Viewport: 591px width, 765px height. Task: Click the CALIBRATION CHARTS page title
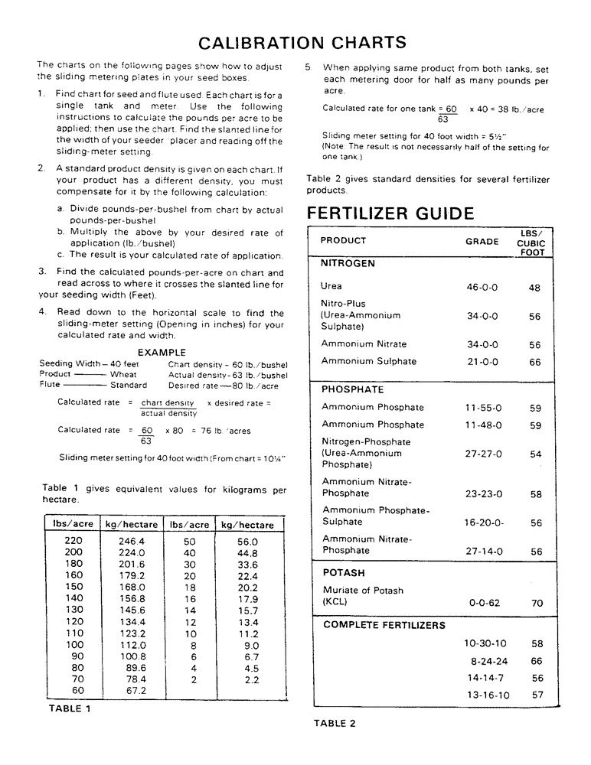click(302, 42)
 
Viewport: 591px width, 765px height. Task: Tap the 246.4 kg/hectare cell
click(132, 541)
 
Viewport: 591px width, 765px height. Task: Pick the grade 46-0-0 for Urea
click(482, 288)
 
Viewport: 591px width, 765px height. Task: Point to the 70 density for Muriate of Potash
click(537, 603)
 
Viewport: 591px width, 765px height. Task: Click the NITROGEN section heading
click(348, 263)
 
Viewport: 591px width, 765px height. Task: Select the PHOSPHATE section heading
click(352, 389)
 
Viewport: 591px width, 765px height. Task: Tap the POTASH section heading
click(343, 573)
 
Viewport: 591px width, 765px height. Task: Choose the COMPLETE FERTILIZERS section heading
click(384, 625)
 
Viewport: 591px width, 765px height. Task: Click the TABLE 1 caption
click(70, 708)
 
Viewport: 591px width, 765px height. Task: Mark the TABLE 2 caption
click(335, 723)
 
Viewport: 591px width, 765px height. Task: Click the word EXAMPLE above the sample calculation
click(163, 353)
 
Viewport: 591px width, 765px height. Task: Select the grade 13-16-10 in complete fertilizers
click(488, 695)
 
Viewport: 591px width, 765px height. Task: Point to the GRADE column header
click(482, 241)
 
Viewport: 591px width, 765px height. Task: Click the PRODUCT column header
click(343, 240)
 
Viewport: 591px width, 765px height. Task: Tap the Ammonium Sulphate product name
click(368, 361)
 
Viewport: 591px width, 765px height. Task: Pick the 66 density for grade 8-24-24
click(537, 661)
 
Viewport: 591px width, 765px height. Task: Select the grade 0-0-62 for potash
click(484, 603)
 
